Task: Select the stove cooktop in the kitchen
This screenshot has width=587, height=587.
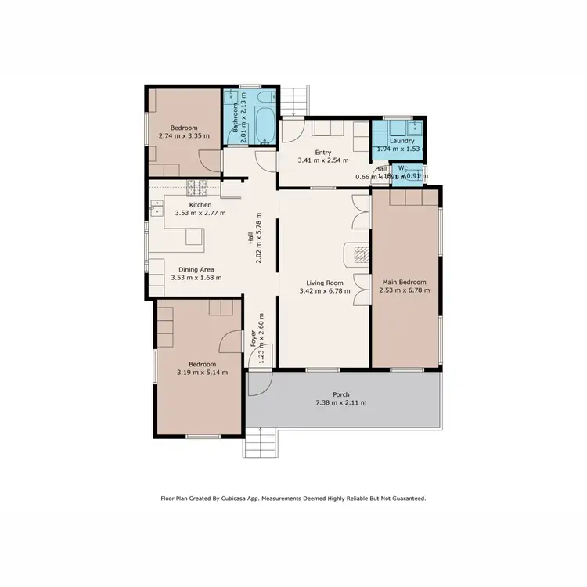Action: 196,188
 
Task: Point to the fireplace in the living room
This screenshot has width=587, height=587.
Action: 360,253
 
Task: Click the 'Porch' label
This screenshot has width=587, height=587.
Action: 340,394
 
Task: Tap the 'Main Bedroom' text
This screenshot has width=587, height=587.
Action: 404,282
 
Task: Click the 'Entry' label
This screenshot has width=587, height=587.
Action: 323,153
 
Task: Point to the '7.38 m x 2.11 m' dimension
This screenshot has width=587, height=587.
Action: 340,403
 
